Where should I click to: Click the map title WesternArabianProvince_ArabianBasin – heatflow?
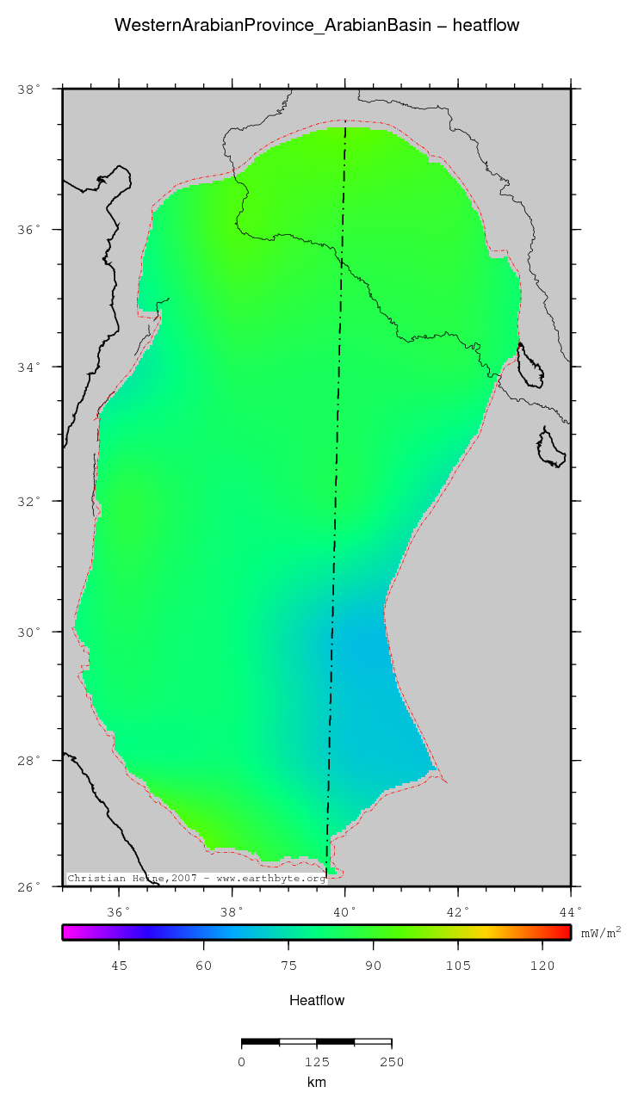coord(317,26)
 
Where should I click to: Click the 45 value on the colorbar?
coord(119,966)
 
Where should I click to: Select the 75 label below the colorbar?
coord(288,966)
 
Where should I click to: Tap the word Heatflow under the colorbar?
coord(317,1000)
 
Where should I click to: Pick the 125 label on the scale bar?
coord(317,1062)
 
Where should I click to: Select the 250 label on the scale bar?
coord(392,1062)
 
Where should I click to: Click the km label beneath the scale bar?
coord(317,1082)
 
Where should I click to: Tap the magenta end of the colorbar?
coord(69,932)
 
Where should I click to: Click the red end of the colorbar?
coord(565,932)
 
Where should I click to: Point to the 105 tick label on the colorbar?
coord(458,966)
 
